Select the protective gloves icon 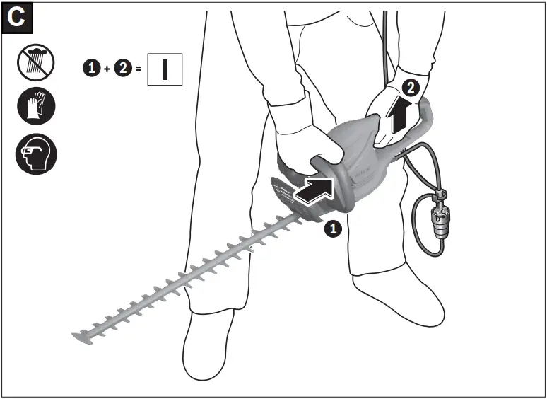[x=36, y=107]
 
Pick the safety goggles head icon [x=36, y=154]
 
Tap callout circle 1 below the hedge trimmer [x=333, y=229]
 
